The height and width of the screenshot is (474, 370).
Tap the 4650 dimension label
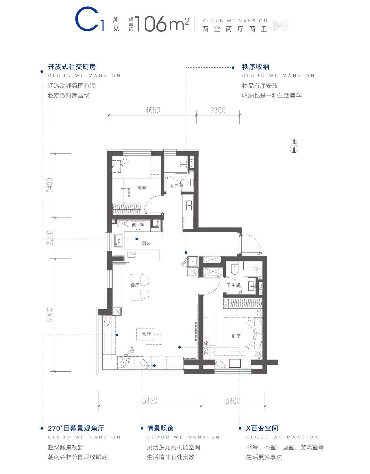coord(153,110)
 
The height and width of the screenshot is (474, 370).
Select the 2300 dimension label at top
coord(218,110)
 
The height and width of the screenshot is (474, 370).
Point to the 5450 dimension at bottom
coord(150,401)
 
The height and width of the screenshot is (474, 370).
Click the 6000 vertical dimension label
coord(50,315)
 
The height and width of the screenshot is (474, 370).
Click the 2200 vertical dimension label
coord(50,238)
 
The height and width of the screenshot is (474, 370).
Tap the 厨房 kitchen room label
coord(146,243)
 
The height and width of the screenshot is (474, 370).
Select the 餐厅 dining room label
coord(135,285)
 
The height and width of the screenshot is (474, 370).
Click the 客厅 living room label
coord(146,334)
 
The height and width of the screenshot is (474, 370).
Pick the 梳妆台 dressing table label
coord(206,348)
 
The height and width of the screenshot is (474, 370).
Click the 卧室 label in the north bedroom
coord(142,188)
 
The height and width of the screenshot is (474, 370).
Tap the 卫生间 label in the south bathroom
coord(233,285)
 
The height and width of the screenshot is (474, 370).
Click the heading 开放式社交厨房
coord(72,67)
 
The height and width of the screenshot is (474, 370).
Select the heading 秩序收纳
coord(256,67)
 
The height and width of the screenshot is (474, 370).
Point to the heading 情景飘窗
coord(160,428)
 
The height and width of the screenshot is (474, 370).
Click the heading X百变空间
coord(262,428)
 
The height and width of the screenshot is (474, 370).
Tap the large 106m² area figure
coord(162,24)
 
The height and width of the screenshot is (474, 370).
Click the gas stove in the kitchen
coord(138,225)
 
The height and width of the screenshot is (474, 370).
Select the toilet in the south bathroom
coord(234,268)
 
